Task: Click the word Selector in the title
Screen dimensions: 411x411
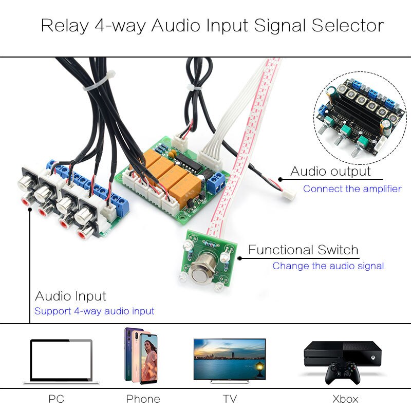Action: pyautogui.click(x=348, y=26)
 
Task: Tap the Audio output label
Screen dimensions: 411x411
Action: pyautogui.click(x=330, y=172)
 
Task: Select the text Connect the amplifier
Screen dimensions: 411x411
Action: pyautogui.click(x=352, y=189)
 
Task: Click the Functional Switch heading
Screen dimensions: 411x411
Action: pyautogui.click(x=303, y=250)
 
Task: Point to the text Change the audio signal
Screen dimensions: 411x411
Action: pyautogui.click(x=328, y=266)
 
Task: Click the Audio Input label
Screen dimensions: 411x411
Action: pyautogui.click(x=70, y=296)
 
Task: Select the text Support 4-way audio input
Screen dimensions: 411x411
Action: pyautogui.click(x=94, y=311)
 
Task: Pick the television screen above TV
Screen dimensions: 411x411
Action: pyautogui.click(x=230, y=358)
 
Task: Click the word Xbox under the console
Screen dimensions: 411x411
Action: pyautogui.click(x=345, y=399)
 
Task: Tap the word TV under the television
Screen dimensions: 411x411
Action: pyautogui.click(x=230, y=399)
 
